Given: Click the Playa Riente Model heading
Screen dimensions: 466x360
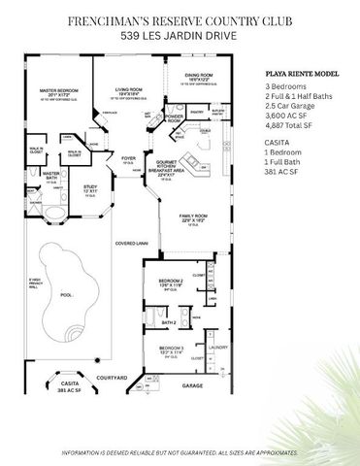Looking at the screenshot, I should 302,73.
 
